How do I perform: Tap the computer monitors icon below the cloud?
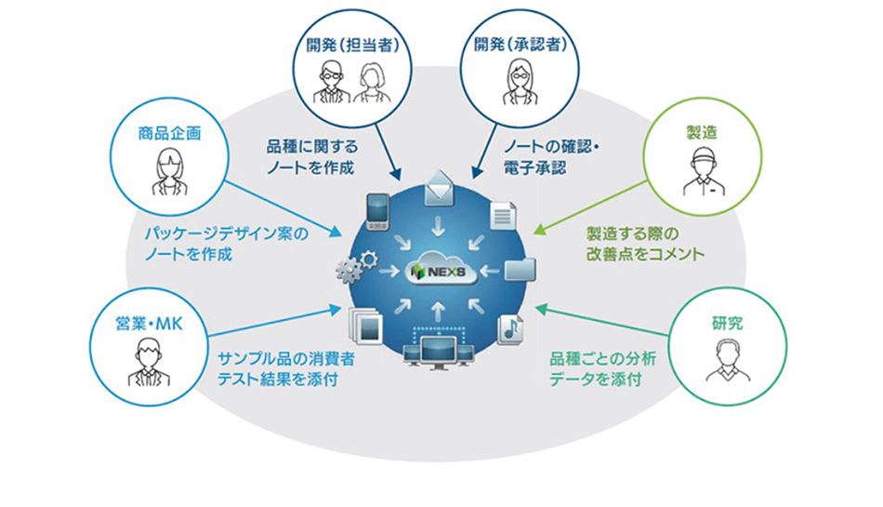point(441,350)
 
